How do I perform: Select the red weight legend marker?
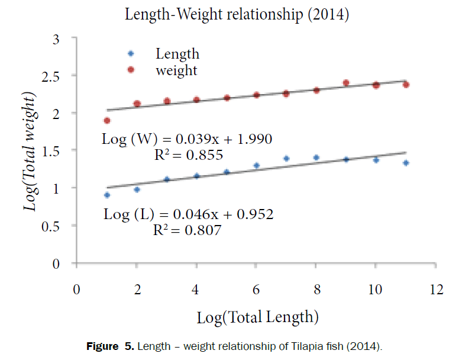coord(131,70)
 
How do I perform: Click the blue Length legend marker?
coord(131,53)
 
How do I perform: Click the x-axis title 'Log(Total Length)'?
coord(258,317)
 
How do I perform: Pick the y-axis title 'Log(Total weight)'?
coord(29,151)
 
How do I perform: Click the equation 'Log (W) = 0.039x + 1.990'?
coord(187,140)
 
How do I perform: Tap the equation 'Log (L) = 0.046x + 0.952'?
coord(189,214)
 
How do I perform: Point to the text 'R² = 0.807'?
coord(188,230)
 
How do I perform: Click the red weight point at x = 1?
coord(107,120)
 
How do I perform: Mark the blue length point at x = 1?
coord(107,195)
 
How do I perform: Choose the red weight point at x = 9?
coord(346,83)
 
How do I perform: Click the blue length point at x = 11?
coord(406,163)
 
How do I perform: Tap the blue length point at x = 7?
coord(286,159)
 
